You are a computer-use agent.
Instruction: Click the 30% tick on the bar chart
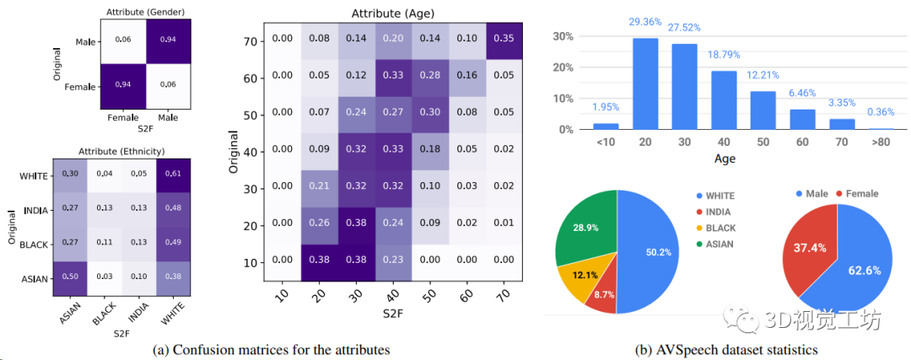[x=563, y=38]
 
